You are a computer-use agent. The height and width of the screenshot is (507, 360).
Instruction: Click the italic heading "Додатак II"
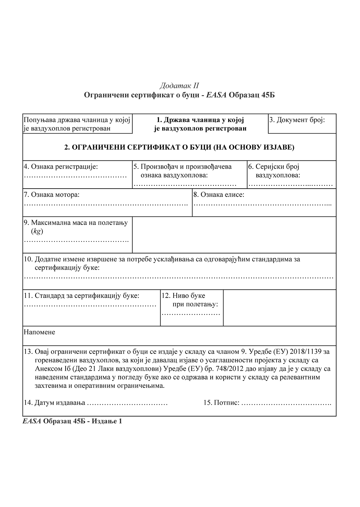179,86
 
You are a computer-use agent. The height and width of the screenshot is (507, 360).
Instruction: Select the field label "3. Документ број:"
297,120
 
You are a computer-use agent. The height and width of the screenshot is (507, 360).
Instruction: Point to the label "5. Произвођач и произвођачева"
182,166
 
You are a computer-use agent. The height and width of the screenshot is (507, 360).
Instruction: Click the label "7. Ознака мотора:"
52,195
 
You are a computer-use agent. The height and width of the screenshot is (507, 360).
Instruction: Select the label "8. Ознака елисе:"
219,195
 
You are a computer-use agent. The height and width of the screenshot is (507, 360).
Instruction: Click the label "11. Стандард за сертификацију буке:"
81,296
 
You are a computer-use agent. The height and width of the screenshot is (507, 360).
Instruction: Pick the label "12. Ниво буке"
183,296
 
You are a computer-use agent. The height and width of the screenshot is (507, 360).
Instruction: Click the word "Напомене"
39,332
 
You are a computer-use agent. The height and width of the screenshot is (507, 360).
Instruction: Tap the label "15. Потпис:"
221,403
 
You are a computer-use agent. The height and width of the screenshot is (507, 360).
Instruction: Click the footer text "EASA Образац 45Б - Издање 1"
72,422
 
